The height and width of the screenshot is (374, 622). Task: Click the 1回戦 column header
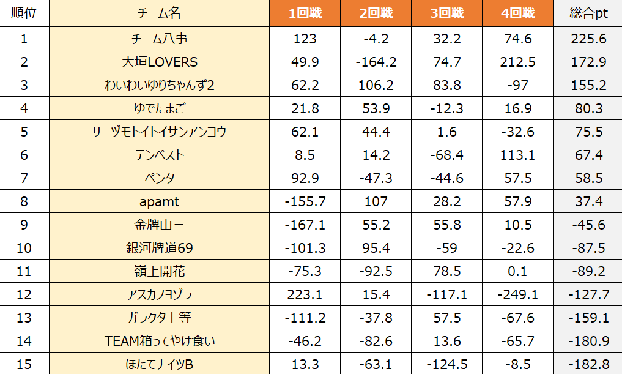pos(305,13)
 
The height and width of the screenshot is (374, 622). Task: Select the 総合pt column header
pos(587,13)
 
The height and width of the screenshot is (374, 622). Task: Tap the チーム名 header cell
pos(159,13)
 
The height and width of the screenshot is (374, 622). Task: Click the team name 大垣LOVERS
pos(159,62)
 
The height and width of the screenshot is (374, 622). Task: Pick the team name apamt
pos(159,201)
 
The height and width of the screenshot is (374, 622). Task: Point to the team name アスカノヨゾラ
pos(159,294)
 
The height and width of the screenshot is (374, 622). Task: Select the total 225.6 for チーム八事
pos(587,39)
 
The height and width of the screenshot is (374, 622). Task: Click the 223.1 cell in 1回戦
pos(305,294)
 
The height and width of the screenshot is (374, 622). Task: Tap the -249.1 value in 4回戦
pos(517,294)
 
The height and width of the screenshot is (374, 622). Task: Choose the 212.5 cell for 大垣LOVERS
pos(517,62)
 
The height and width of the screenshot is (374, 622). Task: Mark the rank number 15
pos(24,364)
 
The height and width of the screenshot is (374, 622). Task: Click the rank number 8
pos(24,201)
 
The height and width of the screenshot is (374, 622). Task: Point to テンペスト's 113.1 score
pos(517,155)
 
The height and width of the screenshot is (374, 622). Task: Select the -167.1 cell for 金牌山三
pos(305,225)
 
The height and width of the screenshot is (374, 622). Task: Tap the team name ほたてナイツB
pos(159,364)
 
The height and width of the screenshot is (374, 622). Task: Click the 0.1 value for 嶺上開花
pos(517,271)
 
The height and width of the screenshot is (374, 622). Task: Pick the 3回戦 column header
pos(446,13)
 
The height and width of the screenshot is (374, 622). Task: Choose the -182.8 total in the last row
pos(587,364)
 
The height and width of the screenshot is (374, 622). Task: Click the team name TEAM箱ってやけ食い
pos(159,341)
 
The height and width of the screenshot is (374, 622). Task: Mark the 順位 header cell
pos(24,13)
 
